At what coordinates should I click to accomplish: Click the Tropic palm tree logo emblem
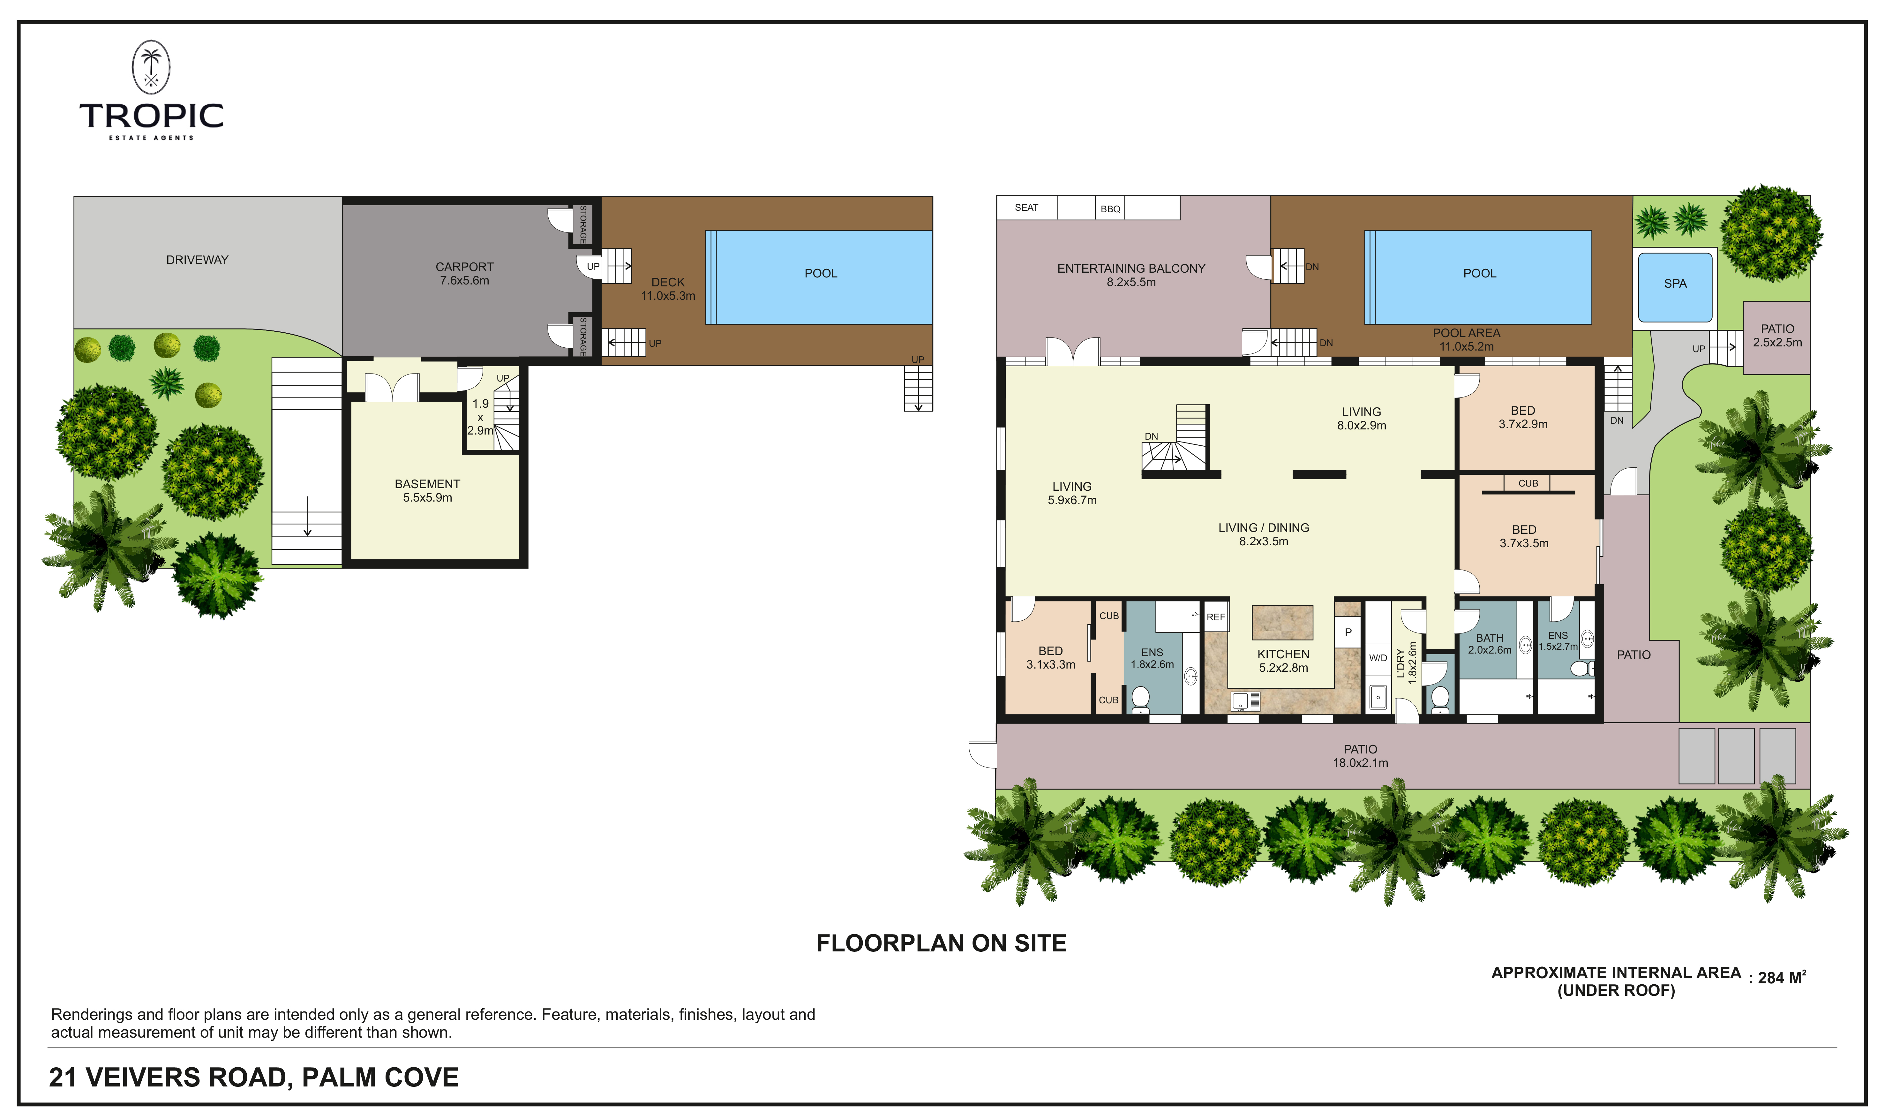[151, 67]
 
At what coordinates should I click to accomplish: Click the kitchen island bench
[1282, 623]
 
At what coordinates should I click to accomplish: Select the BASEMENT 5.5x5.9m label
[427, 491]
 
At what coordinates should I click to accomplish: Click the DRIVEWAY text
[197, 260]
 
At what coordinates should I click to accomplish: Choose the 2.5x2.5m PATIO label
[1777, 335]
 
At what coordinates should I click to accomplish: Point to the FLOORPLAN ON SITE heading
[941, 943]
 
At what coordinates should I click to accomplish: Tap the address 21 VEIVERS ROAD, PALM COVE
[253, 1077]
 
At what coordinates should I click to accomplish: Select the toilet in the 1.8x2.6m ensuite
[1140, 698]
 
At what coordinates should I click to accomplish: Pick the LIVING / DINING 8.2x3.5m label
[1264, 534]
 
